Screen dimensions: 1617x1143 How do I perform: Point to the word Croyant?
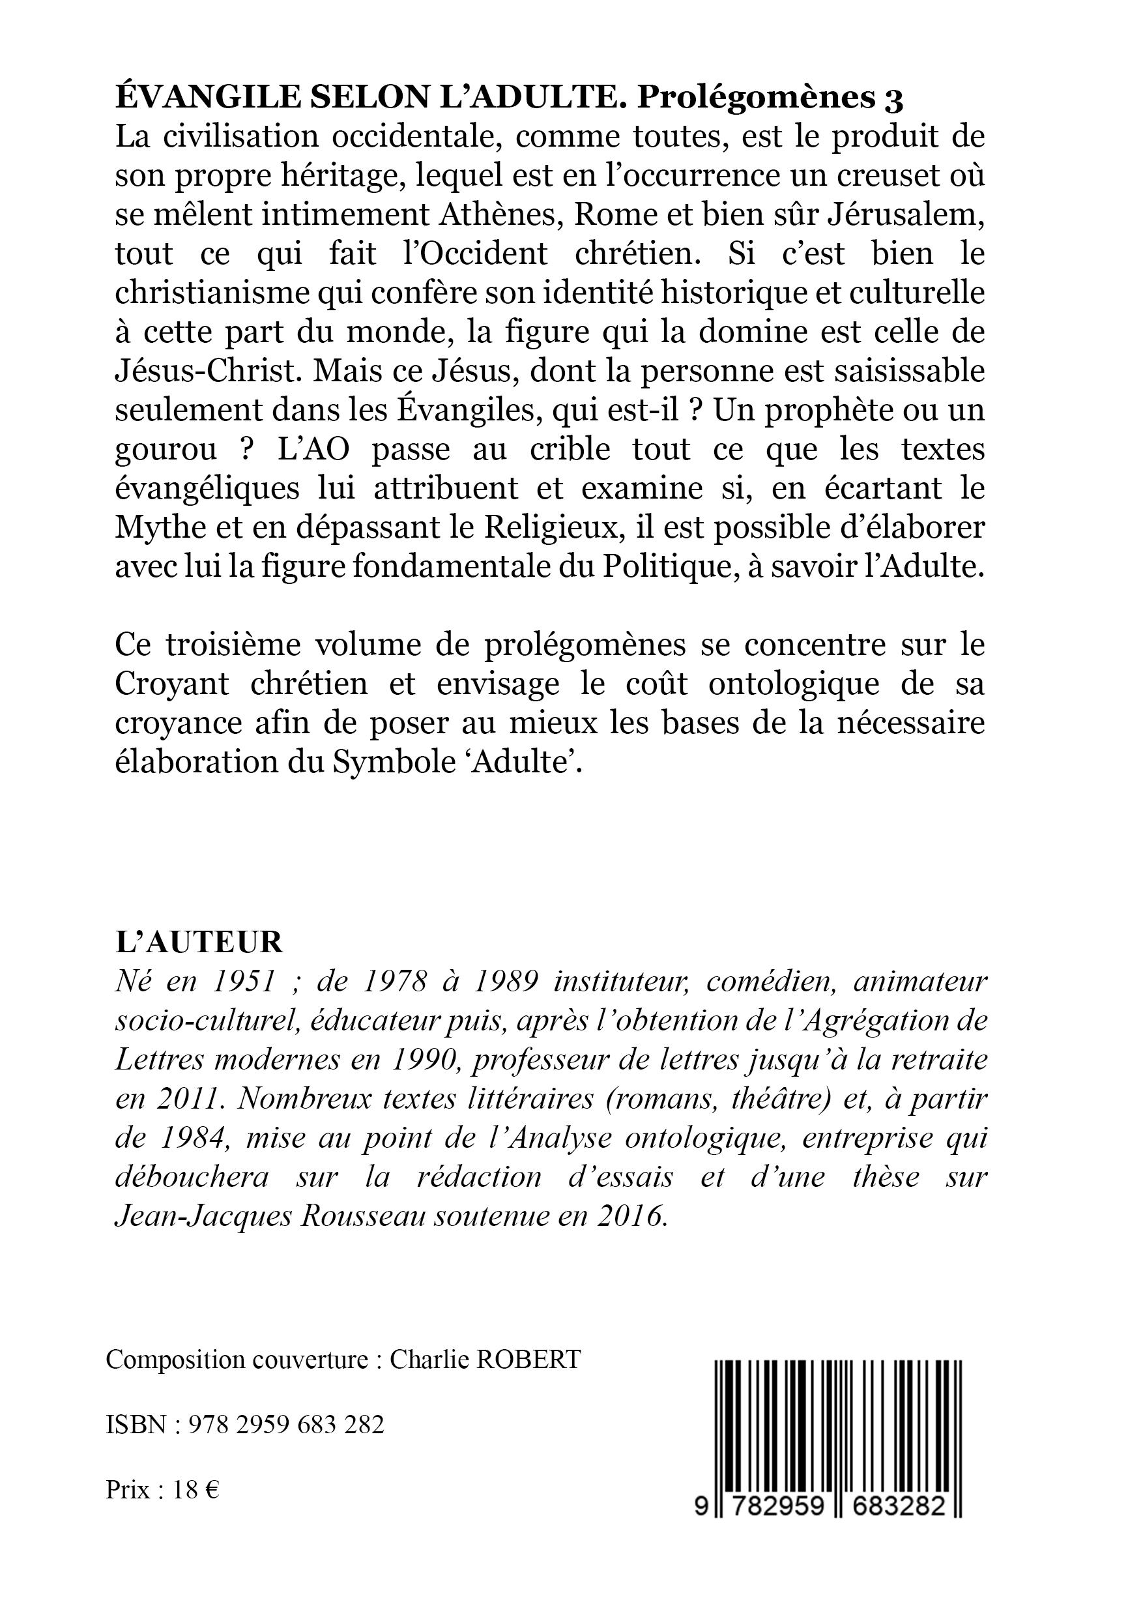coord(172,684)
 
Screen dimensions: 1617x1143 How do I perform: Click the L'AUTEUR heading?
coord(199,942)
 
